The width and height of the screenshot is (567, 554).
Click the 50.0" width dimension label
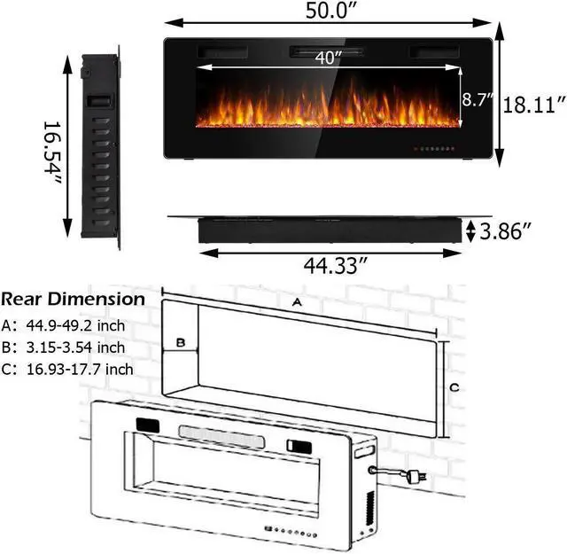pyautogui.click(x=329, y=12)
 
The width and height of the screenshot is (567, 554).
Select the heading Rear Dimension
pyautogui.click(x=73, y=299)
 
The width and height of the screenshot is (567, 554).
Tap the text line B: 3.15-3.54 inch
pyautogui.click(x=63, y=347)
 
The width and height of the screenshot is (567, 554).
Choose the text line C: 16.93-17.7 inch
pyautogui.click(x=68, y=369)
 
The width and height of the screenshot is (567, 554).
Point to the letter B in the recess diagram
pyautogui.click(x=179, y=341)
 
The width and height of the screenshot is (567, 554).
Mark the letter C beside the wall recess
pyautogui.click(x=453, y=386)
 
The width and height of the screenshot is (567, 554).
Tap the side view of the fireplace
pyautogui.click(x=100, y=151)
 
